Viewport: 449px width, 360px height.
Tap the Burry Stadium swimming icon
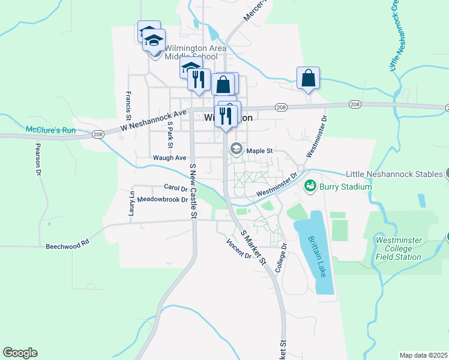(x=310, y=186)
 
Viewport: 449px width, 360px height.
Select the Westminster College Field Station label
(x=398, y=248)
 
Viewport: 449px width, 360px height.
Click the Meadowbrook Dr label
(x=163, y=199)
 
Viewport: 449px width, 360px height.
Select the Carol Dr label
(x=176, y=187)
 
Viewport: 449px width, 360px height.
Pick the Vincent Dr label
(x=238, y=250)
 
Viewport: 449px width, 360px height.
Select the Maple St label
(x=260, y=151)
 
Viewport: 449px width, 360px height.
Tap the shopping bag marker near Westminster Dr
(x=308, y=78)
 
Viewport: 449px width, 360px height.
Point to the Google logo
(x=20, y=353)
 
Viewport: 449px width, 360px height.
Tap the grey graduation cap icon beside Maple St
(x=237, y=149)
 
